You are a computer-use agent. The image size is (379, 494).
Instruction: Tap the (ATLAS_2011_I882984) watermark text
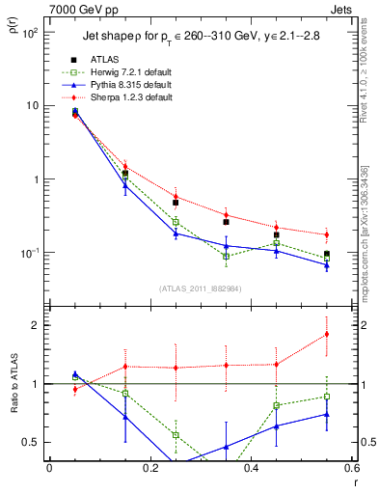pos(201,288)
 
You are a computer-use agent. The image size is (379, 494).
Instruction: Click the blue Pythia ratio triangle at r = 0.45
pos(277,425)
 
